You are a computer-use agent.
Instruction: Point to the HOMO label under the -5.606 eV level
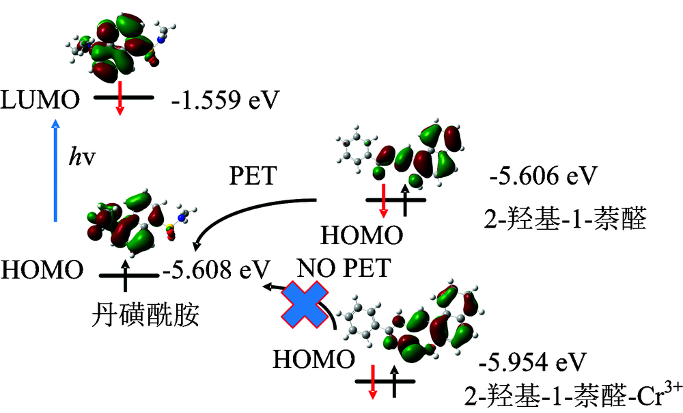pos(362,236)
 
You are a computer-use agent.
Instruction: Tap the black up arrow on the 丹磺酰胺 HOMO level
pos(126,272)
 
